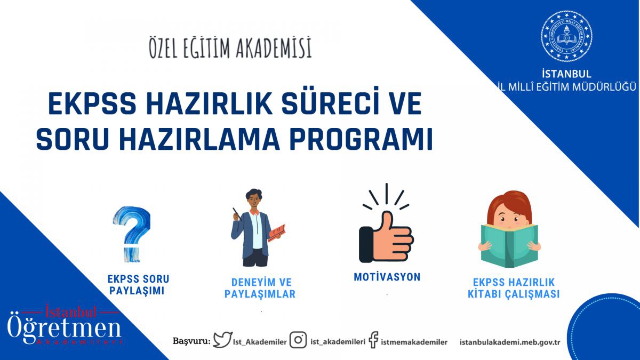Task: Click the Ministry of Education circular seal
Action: pyautogui.click(x=566, y=36)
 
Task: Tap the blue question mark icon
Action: pyautogui.click(x=132, y=234)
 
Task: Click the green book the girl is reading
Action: pyautogui.click(x=509, y=246)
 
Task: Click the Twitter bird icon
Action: pyautogui.click(x=223, y=339)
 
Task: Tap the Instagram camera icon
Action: pyautogui.click(x=298, y=340)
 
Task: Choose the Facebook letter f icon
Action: pyautogui.click(x=374, y=340)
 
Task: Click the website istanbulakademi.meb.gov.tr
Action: pyautogui.click(x=510, y=342)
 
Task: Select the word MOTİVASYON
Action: pyautogui.click(x=387, y=277)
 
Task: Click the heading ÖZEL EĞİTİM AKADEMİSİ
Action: pyautogui.click(x=230, y=47)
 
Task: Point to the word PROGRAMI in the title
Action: pyautogui.click(x=361, y=139)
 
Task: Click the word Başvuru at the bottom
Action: pyautogui.click(x=191, y=341)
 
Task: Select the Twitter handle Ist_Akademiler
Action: pyautogui.click(x=260, y=342)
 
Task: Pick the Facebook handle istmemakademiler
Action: pyautogui.click(x=414, y=342)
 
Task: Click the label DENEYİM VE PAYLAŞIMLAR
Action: pyautogui.click(x=260, y=289)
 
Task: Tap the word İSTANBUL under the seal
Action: pyautogui.click(x=566, y=74)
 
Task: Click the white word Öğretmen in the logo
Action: pyautogui.click(x=64, y=329)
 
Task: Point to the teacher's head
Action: pyautogui.click(x=254, y=199)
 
